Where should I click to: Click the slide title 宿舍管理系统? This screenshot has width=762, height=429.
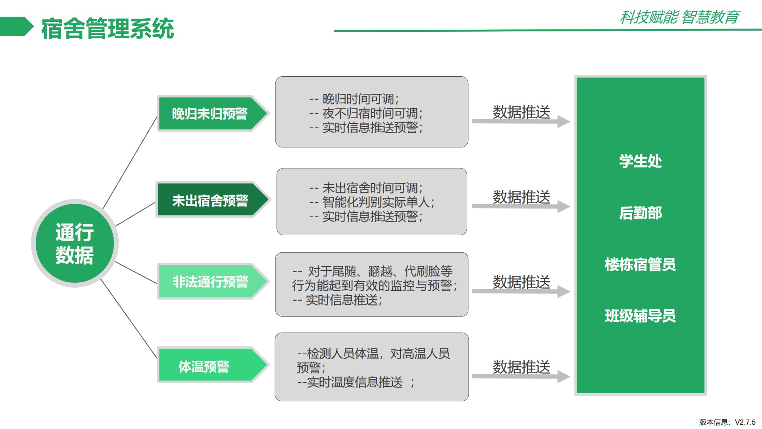click(x=108, y=29)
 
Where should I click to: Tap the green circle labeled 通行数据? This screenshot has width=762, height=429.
click(x=75, y=243)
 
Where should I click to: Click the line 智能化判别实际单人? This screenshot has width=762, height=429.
click(x=378, y=202)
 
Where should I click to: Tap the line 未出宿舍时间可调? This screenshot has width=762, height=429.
click(x=372, y=187)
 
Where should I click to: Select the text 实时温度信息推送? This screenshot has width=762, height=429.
click(x=355, y=382)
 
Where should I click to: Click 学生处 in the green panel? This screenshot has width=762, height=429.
click(x=641, y=161)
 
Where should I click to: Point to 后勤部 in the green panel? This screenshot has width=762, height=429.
click(x=641, y=213)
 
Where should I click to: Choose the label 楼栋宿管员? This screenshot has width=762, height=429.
click(x=640, y=265)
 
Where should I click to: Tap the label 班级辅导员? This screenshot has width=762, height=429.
click(x=640, y=316)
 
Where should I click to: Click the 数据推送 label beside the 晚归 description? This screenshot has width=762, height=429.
click(x=521, y=112)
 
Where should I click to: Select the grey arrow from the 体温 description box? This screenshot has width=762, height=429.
click(x=521, y=376)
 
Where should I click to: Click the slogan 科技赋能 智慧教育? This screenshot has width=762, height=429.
click(x=680, y=17)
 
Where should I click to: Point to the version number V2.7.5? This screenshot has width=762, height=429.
click(x=745, y=422)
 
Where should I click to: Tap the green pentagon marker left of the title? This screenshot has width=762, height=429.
click(x=17, y=26)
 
